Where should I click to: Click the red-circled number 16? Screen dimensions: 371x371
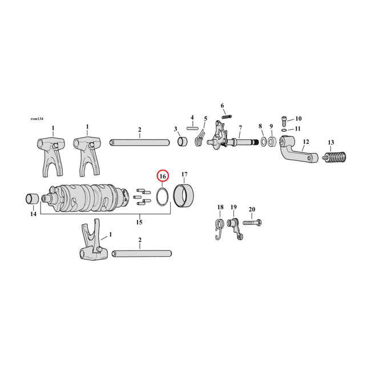[162, 176]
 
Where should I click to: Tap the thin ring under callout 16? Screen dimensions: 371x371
[162, 196]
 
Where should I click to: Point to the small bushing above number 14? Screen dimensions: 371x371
[31, 199]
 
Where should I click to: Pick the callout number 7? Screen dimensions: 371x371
[240, 127]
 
